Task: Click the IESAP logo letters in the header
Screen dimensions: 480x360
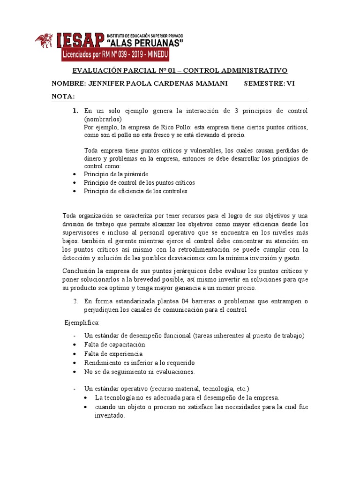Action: point(79,41)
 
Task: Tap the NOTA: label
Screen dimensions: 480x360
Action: point(63,96)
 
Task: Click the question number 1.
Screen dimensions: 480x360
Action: point(75,111)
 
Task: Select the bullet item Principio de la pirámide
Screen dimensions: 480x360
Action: point(116,174)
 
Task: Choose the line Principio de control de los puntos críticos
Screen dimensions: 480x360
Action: point(139,182)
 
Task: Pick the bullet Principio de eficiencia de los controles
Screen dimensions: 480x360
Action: point(135,191)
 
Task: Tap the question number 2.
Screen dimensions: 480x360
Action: point(75,301)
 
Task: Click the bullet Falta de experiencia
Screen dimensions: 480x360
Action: point(113,353)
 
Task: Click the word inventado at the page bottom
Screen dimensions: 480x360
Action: point(109,416)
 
